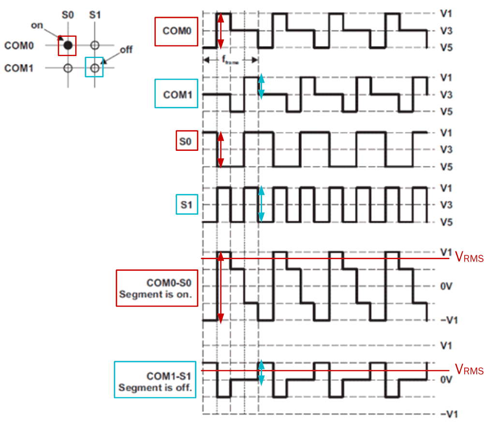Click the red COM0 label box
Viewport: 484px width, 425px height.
pos(176,31)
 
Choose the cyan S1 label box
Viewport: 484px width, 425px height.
pos(186,205)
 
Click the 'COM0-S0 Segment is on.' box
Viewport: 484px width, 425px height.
pos(157,288)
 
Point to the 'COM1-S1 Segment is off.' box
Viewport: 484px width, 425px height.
pos(155,380)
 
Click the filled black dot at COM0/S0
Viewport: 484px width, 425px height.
pos(68,45)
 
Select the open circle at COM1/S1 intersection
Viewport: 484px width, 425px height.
pos(94,68)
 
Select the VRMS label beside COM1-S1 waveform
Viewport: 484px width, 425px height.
pos(469,370)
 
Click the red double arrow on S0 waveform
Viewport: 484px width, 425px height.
pos(220,150)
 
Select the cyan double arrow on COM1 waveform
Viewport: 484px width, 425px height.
pos(261,87)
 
